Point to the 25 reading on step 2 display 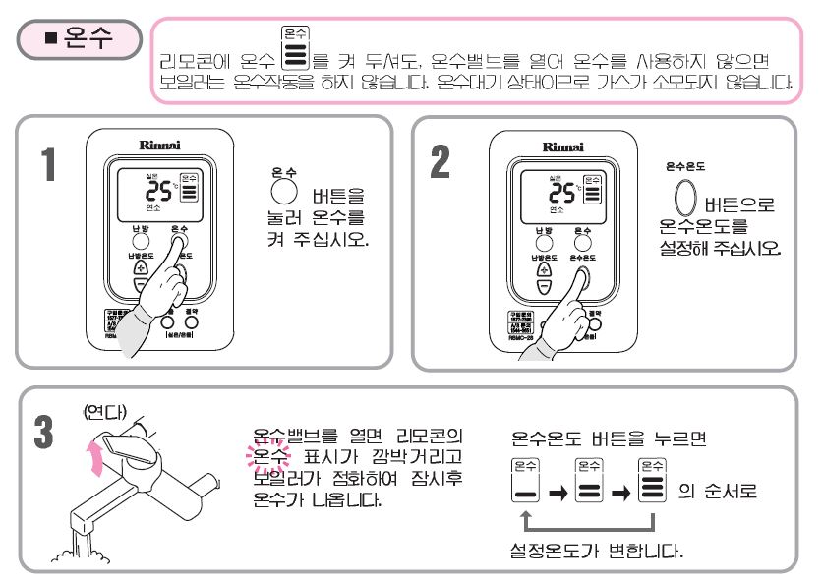(x=562, y=191)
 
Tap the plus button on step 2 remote (x=545, y=267)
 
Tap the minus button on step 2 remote (x=545, y=287)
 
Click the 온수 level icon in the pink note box (x=295, y=48)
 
